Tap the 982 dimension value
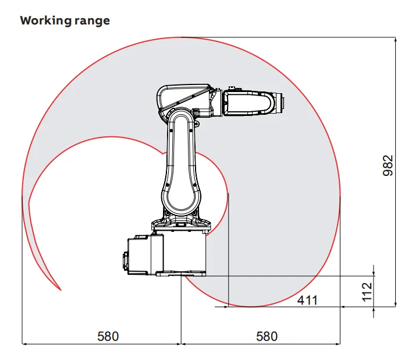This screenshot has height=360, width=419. (x=388, y=165)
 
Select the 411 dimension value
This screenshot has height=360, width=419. (x=307, y=300)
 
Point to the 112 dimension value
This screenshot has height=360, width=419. (x=367, y=291)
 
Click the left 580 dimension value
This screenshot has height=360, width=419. (x=108, y=336)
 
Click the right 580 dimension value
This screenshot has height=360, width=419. (x=267, y=336)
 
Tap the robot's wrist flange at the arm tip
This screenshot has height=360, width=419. (x=279, y=103)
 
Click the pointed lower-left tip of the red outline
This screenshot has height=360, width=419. (x=61, y=290)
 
